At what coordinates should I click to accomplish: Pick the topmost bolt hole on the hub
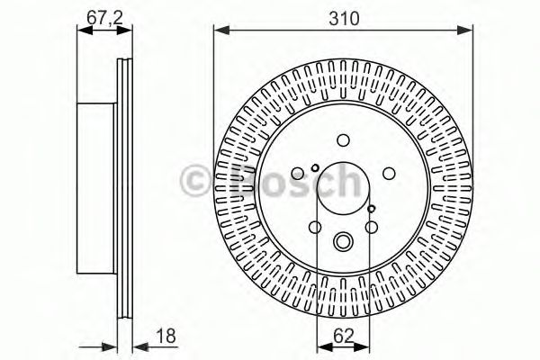tap(344, 140)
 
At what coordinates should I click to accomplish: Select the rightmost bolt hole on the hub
tap(389, 175)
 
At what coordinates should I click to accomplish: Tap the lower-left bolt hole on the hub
tap(315, 228)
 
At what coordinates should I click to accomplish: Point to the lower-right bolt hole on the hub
tap(372, 228)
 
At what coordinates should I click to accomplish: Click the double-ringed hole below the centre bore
tap(344, 241)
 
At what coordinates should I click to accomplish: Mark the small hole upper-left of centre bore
tap(314, 167)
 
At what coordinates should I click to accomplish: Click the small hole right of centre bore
tap(372, 209)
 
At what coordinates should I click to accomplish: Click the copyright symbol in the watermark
tap(196, 179)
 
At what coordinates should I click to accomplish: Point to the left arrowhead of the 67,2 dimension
tap(82, 31)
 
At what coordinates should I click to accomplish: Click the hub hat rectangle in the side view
tap(97, 188)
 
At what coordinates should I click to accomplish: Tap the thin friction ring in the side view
tap(124, 188)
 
